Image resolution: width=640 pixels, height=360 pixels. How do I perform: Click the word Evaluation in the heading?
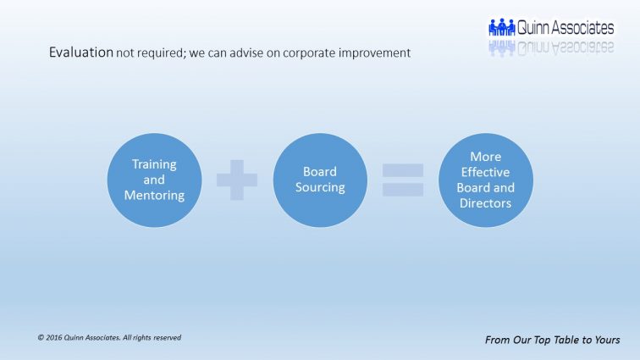pos(81,53)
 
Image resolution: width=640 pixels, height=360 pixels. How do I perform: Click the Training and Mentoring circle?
pos(154,180)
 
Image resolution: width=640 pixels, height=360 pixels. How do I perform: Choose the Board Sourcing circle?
pos(320,180)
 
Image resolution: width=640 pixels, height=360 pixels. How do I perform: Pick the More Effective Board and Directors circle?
pos(486,180)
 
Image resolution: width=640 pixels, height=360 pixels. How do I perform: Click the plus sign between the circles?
pos(237,180)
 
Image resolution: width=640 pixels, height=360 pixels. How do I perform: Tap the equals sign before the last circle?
pos(403,180)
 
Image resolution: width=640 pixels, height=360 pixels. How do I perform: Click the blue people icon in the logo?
pos(502,27)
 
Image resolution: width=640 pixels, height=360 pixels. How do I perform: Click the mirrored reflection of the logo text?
pos(566,47)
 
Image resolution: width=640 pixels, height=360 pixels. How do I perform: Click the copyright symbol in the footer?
pos(41,338)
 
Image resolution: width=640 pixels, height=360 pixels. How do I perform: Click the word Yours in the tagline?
pos(607,340)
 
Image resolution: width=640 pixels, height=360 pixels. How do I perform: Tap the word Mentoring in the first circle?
pos(154,196)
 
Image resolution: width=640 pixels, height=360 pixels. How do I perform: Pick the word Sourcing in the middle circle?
pos(320,187)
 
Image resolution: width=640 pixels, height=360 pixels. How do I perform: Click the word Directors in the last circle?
pos(485,203)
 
